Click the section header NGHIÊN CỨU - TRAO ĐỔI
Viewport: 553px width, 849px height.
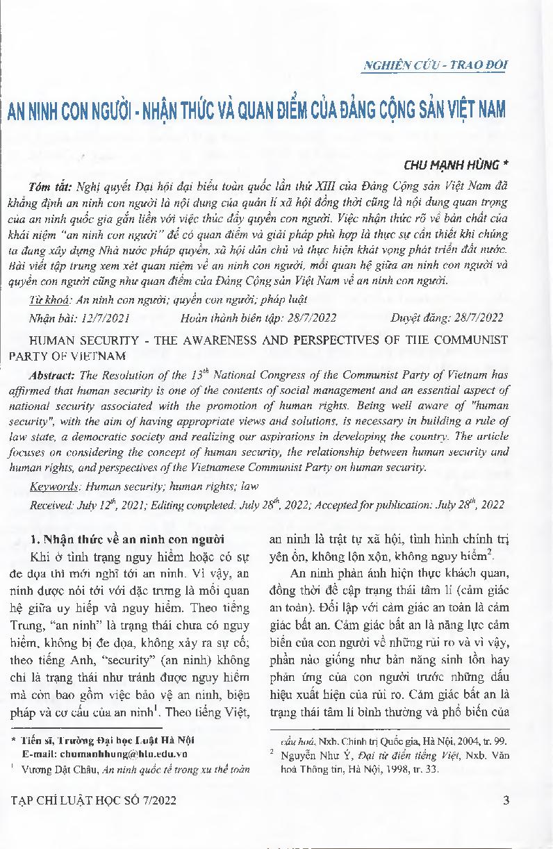(436, 65)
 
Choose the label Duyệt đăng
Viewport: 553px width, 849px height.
(419, 318)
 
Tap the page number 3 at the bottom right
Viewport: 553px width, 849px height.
(506, 800)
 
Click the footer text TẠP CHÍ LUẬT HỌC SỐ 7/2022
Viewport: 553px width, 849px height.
(103, 800)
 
